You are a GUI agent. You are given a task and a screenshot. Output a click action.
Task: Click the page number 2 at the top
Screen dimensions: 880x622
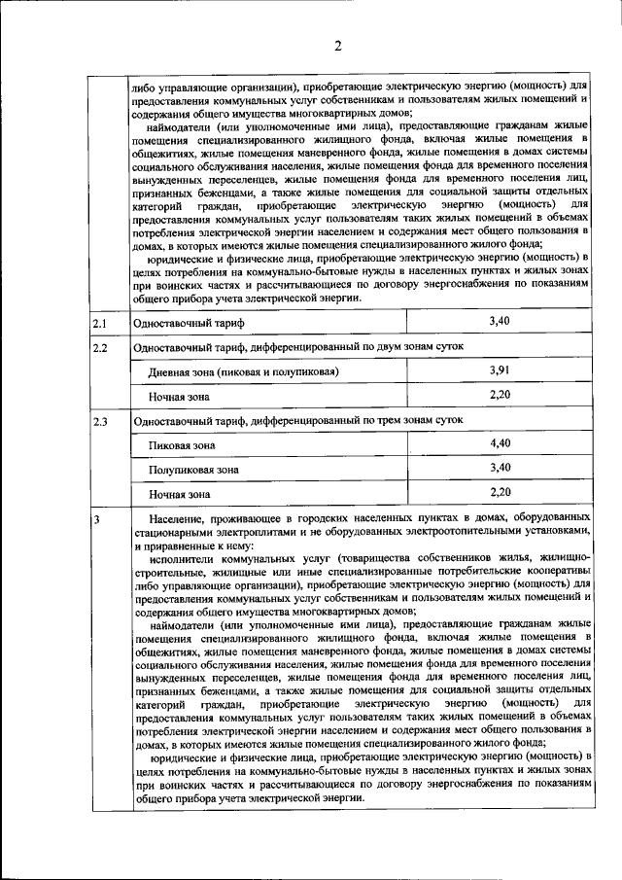337,47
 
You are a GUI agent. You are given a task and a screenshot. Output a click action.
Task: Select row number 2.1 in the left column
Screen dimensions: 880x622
99,322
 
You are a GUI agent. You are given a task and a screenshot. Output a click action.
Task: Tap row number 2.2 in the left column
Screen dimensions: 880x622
99,347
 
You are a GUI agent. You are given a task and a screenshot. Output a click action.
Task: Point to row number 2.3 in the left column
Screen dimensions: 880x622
99,421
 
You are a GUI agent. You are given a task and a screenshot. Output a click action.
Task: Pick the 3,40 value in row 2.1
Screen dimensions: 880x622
500,321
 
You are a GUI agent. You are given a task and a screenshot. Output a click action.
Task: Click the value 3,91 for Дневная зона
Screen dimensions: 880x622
500,370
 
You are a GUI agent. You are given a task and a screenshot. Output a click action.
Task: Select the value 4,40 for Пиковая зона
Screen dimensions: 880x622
500,443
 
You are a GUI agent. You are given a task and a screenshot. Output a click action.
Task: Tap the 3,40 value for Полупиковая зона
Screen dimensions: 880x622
500,468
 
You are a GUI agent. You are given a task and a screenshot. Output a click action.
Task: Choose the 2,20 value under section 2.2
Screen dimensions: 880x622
500,395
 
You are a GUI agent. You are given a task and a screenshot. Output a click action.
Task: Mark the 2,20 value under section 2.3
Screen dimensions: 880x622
500,492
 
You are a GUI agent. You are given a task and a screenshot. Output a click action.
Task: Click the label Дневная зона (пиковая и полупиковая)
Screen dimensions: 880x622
243,372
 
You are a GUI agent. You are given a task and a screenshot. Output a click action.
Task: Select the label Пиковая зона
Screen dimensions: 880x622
182,445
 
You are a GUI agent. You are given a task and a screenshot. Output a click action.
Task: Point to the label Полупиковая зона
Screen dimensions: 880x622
193,470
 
